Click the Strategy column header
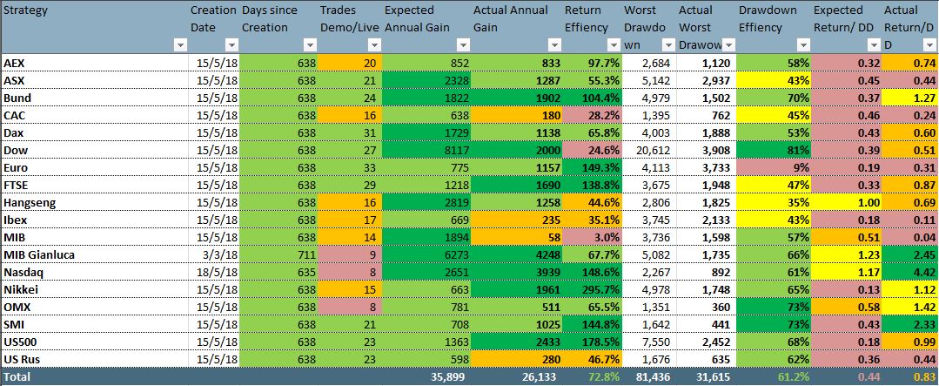pos(26,10)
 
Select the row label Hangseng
pos(28,202)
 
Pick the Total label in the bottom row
pos(17,376)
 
